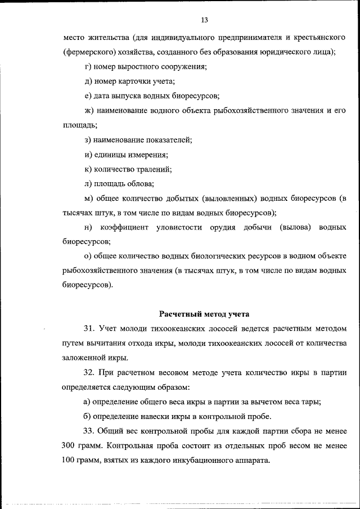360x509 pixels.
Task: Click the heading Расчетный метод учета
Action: pos(204,313)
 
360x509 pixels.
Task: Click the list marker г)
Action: pos(86,67)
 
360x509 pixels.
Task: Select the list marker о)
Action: pos(86,256)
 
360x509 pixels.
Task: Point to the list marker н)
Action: pos(87,227)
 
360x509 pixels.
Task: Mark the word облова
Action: pos(139,183)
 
